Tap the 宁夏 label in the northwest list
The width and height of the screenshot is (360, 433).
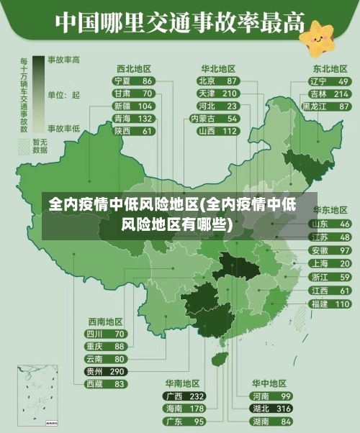122,81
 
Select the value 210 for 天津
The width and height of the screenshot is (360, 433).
229,94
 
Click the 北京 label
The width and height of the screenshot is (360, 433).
207,81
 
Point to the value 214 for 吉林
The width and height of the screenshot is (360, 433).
341,94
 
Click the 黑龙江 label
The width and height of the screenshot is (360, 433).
315,106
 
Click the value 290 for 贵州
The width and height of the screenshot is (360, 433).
116,371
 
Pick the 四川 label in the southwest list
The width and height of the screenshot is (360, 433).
94,334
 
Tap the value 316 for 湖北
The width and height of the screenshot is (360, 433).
284,408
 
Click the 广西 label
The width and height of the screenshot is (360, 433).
174,396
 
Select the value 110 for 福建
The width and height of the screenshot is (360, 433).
341,304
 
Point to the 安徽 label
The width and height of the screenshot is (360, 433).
319,250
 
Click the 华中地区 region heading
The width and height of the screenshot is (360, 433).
269,383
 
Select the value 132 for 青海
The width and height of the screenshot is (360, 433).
145,118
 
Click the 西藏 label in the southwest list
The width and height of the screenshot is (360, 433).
94,384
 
